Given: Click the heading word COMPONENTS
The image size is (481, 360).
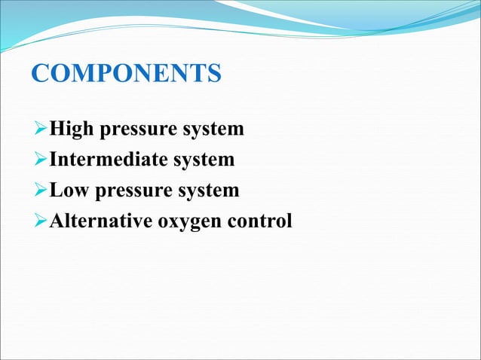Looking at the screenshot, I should point(126,75).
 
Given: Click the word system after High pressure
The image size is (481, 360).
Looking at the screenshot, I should point(213,130).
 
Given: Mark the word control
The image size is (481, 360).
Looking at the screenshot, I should point(260,221).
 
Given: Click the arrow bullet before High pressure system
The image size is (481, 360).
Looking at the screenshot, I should point(41,130).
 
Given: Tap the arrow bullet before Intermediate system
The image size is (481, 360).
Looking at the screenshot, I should point(41,160).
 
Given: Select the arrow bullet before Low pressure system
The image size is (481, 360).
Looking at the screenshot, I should point(41,191).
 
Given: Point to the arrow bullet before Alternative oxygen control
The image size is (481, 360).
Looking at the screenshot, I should point(41,222).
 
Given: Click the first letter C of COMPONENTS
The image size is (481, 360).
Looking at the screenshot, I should point(40,75).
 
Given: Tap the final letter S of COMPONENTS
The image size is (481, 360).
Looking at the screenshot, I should point(214,75).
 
